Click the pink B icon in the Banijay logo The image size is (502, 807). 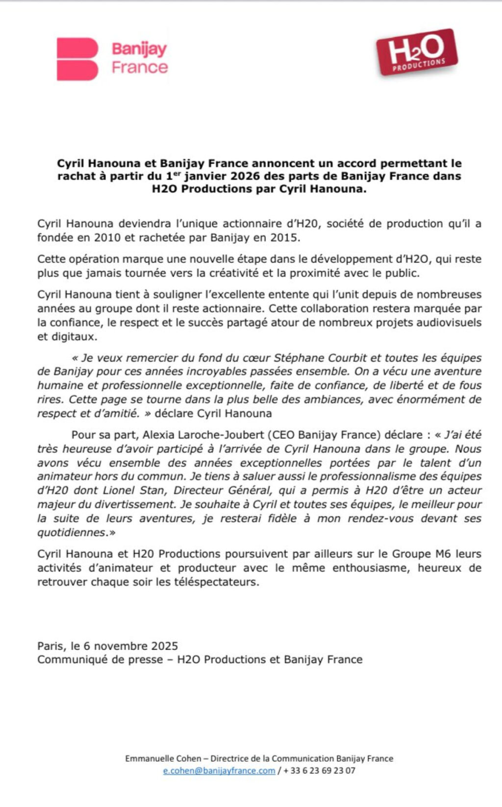pos(77,59)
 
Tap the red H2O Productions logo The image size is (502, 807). pos(417,52)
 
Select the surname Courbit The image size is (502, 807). pos(347,358)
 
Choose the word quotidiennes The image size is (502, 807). pos(72,533)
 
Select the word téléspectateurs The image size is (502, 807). pos(214,582)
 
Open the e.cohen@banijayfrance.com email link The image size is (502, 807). pos(219,771)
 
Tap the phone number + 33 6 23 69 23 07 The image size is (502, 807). pos(319,771)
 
